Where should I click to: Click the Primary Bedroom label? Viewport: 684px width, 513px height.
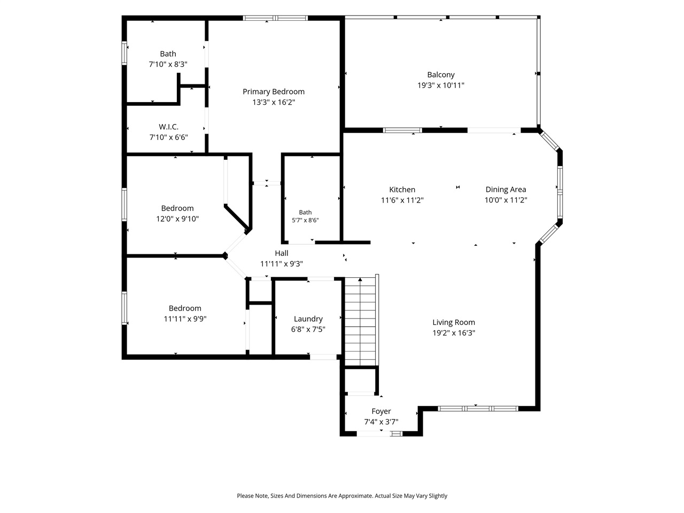tap(273, 91)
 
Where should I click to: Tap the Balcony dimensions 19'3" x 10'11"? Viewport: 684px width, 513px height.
tap(441, 85)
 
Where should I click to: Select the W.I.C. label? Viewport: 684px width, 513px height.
tap(168, 127)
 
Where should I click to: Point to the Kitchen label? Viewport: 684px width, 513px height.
tap(402, 189)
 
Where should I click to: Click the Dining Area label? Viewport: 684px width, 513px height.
tap(506, 189)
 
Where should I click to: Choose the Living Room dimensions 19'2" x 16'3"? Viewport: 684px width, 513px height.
tap(453, 333)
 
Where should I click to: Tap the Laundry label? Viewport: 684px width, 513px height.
tap(308, 319)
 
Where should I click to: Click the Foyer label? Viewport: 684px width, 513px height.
tap(381, 411)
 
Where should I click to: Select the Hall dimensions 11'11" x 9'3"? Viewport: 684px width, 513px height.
tap(282, 264)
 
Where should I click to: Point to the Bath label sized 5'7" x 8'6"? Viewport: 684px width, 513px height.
tap(305, 213)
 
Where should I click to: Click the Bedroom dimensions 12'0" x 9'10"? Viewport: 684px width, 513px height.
tap(177, 219)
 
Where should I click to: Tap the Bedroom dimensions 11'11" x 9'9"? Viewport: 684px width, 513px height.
tap(185, 319)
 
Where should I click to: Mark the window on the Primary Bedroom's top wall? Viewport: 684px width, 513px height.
tap(275, 18)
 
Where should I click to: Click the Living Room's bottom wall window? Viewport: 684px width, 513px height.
tap(478, 409)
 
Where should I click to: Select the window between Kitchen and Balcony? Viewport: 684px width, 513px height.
tap(402, 130)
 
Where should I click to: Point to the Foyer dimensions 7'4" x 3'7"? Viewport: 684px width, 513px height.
tap(381, 422)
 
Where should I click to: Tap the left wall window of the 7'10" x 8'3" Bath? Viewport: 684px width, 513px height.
tap(125, 53)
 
